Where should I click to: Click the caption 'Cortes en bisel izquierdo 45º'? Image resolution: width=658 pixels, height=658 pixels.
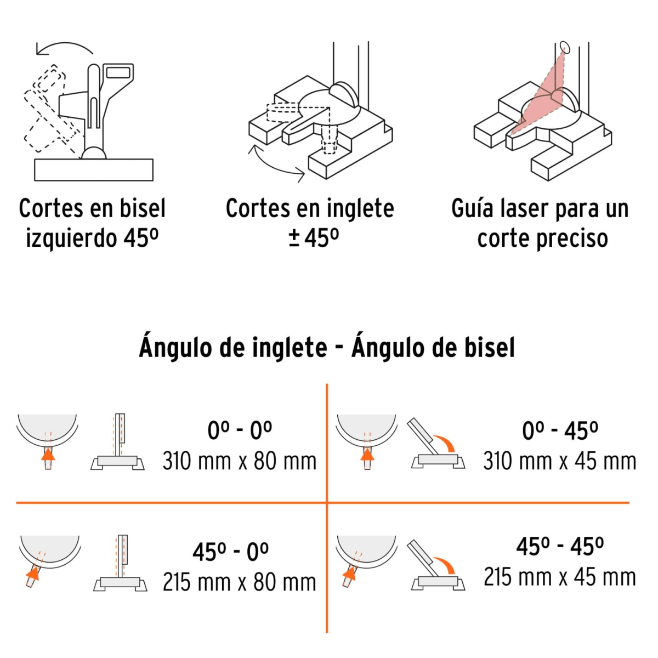pos(92,223)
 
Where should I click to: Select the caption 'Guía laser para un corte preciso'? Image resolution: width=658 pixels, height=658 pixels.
pos(540,223)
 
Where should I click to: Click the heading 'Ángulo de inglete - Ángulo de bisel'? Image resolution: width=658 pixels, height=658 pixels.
pos(327,348)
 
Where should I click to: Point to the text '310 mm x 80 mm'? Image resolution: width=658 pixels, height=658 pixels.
pos(240,461)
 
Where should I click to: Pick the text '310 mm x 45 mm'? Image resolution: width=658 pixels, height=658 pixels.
pos(559,461)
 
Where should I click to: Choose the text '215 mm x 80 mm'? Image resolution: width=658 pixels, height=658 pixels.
pos(240,582)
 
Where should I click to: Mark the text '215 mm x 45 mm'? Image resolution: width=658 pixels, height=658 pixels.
pos(559,577)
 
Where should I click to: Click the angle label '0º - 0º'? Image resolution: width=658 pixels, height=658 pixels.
pos(240,431)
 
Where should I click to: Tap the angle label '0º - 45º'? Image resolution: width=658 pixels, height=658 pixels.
pos(560,431)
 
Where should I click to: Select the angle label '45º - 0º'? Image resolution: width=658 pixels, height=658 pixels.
pos(231,552)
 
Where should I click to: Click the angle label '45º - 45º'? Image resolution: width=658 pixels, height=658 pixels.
pos(560,547)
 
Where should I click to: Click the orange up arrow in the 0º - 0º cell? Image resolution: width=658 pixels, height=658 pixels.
pos(48,455)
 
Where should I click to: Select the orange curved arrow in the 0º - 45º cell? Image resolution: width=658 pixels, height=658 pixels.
pos(445,442)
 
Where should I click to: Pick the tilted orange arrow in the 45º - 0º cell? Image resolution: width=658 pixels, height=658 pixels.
pos(33,573)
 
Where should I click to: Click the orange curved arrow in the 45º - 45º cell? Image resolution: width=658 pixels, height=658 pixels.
pos(445,563)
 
